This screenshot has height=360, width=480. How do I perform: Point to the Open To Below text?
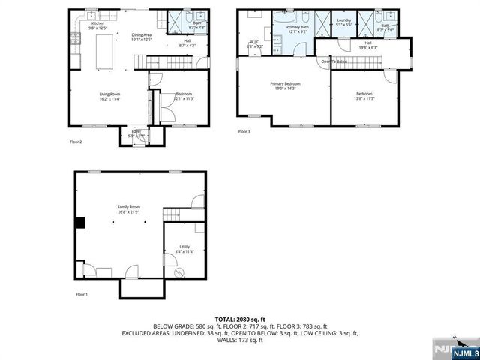coord(334,61)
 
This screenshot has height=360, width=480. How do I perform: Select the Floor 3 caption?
coord(244,131)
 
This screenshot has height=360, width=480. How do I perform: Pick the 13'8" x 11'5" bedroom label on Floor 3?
coord(365,95)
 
